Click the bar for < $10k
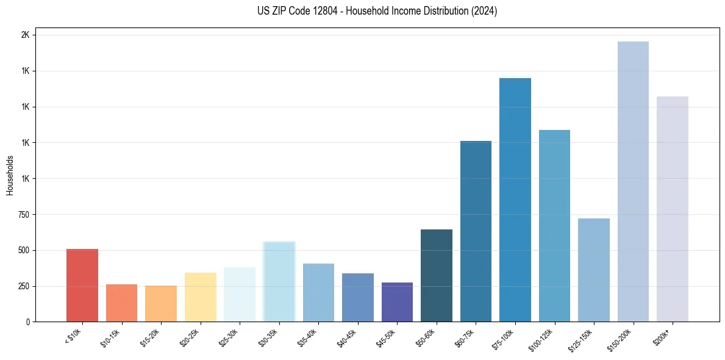click(82, 285)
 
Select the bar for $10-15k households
click(121, 303)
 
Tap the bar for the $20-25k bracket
click(200, 297)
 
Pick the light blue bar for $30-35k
click(279, 281)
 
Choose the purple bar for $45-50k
click(397, 302)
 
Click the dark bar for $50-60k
click(437, 275)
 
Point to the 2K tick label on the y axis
click(25, 35)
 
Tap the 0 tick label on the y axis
click(27, 322)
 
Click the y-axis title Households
click(10, 175)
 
